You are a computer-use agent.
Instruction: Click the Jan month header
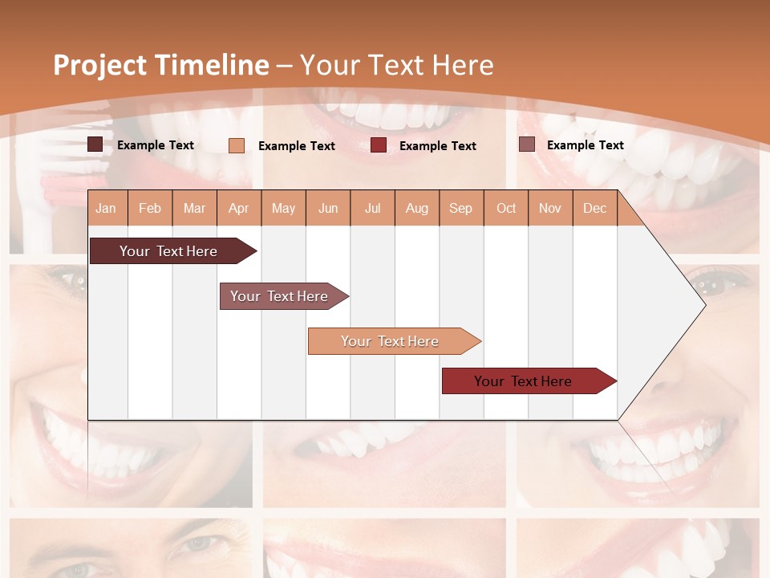pyautogui.click(x=107, y=208)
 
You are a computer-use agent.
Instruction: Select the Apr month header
pyautogui.click(x=239, y=208)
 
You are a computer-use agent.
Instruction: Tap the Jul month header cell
pyautogui.click(x=372, y=208)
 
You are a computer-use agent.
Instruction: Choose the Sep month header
pyautogui.click(x=461, y=208)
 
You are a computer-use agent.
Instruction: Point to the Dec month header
pyautogui.click(x=594, y=208)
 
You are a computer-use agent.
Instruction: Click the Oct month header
pyautogui.click(x=506, y=208)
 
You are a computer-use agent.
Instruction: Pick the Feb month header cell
pyautogui.click(x=150, y=208)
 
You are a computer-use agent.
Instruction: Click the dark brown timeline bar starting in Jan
pyautogui.click(x=169, y=251)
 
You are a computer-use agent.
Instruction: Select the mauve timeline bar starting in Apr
pyautogui.click(x=280, y=296)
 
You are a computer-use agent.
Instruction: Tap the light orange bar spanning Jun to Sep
pyautogui.click(x=391, y=341)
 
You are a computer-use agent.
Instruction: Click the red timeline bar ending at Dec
pyautogui.click(x=524, y=381)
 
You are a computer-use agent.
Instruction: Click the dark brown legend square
pyautogui.click(x=95, y=144)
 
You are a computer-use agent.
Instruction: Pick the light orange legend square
pyautogui.click(x=236, y=145)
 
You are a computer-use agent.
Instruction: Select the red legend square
pyautogui.click(x=379, y=145)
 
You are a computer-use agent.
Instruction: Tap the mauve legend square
pyautogui.click(x=526, y=144)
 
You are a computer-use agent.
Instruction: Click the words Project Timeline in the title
pyautogui.click(x=161, y=65)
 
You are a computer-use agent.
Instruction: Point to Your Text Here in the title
pyautogui.click(x=396, y=65)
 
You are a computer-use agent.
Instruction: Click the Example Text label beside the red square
pyautogui.click(x=437, y=146)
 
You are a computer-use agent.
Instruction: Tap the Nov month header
pyautogui.click(x=550, y=208)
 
